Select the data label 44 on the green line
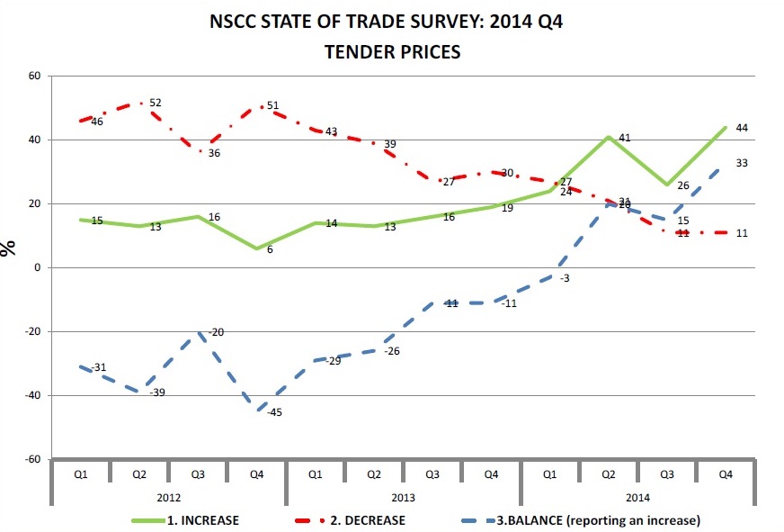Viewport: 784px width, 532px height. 743,129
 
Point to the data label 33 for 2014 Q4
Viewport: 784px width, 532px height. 743,163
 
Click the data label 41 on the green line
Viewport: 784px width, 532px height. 623,139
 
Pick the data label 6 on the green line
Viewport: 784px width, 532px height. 270,249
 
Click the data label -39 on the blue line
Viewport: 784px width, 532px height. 156,392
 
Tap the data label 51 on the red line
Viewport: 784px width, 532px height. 272,105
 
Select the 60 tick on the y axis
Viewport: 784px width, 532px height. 35,76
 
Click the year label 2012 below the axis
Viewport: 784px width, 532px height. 169,496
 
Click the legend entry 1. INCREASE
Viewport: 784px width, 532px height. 202,519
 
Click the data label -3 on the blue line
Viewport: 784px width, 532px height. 564,279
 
